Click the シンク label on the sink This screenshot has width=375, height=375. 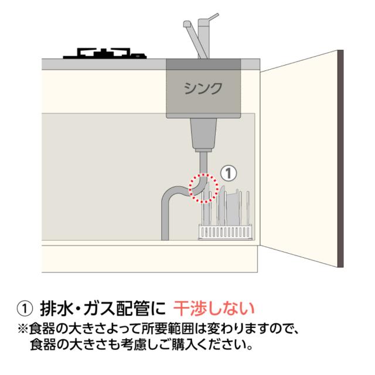coord(203,88)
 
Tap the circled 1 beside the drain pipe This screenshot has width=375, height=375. coord(229,173)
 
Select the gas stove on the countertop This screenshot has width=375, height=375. coord(105,53)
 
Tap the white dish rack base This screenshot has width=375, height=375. coord(225,232)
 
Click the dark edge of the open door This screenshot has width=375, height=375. coord(340,159)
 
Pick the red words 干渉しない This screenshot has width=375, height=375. coord(214,309)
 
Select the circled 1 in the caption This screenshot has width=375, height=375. coord(25,309)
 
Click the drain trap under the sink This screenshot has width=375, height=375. coord(203,135)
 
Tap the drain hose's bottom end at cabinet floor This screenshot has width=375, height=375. coord(165,238)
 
